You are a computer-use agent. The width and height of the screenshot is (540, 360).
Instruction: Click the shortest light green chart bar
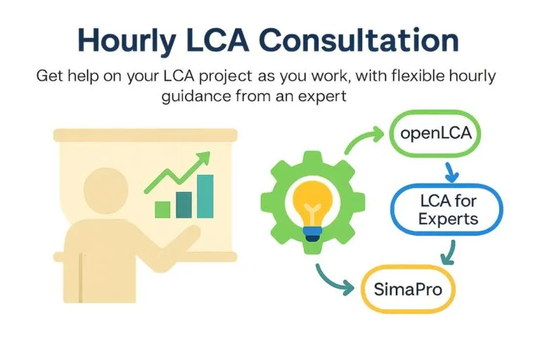(x=162, y=209)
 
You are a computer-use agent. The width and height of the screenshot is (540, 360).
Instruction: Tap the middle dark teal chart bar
(x=184, y=203)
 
